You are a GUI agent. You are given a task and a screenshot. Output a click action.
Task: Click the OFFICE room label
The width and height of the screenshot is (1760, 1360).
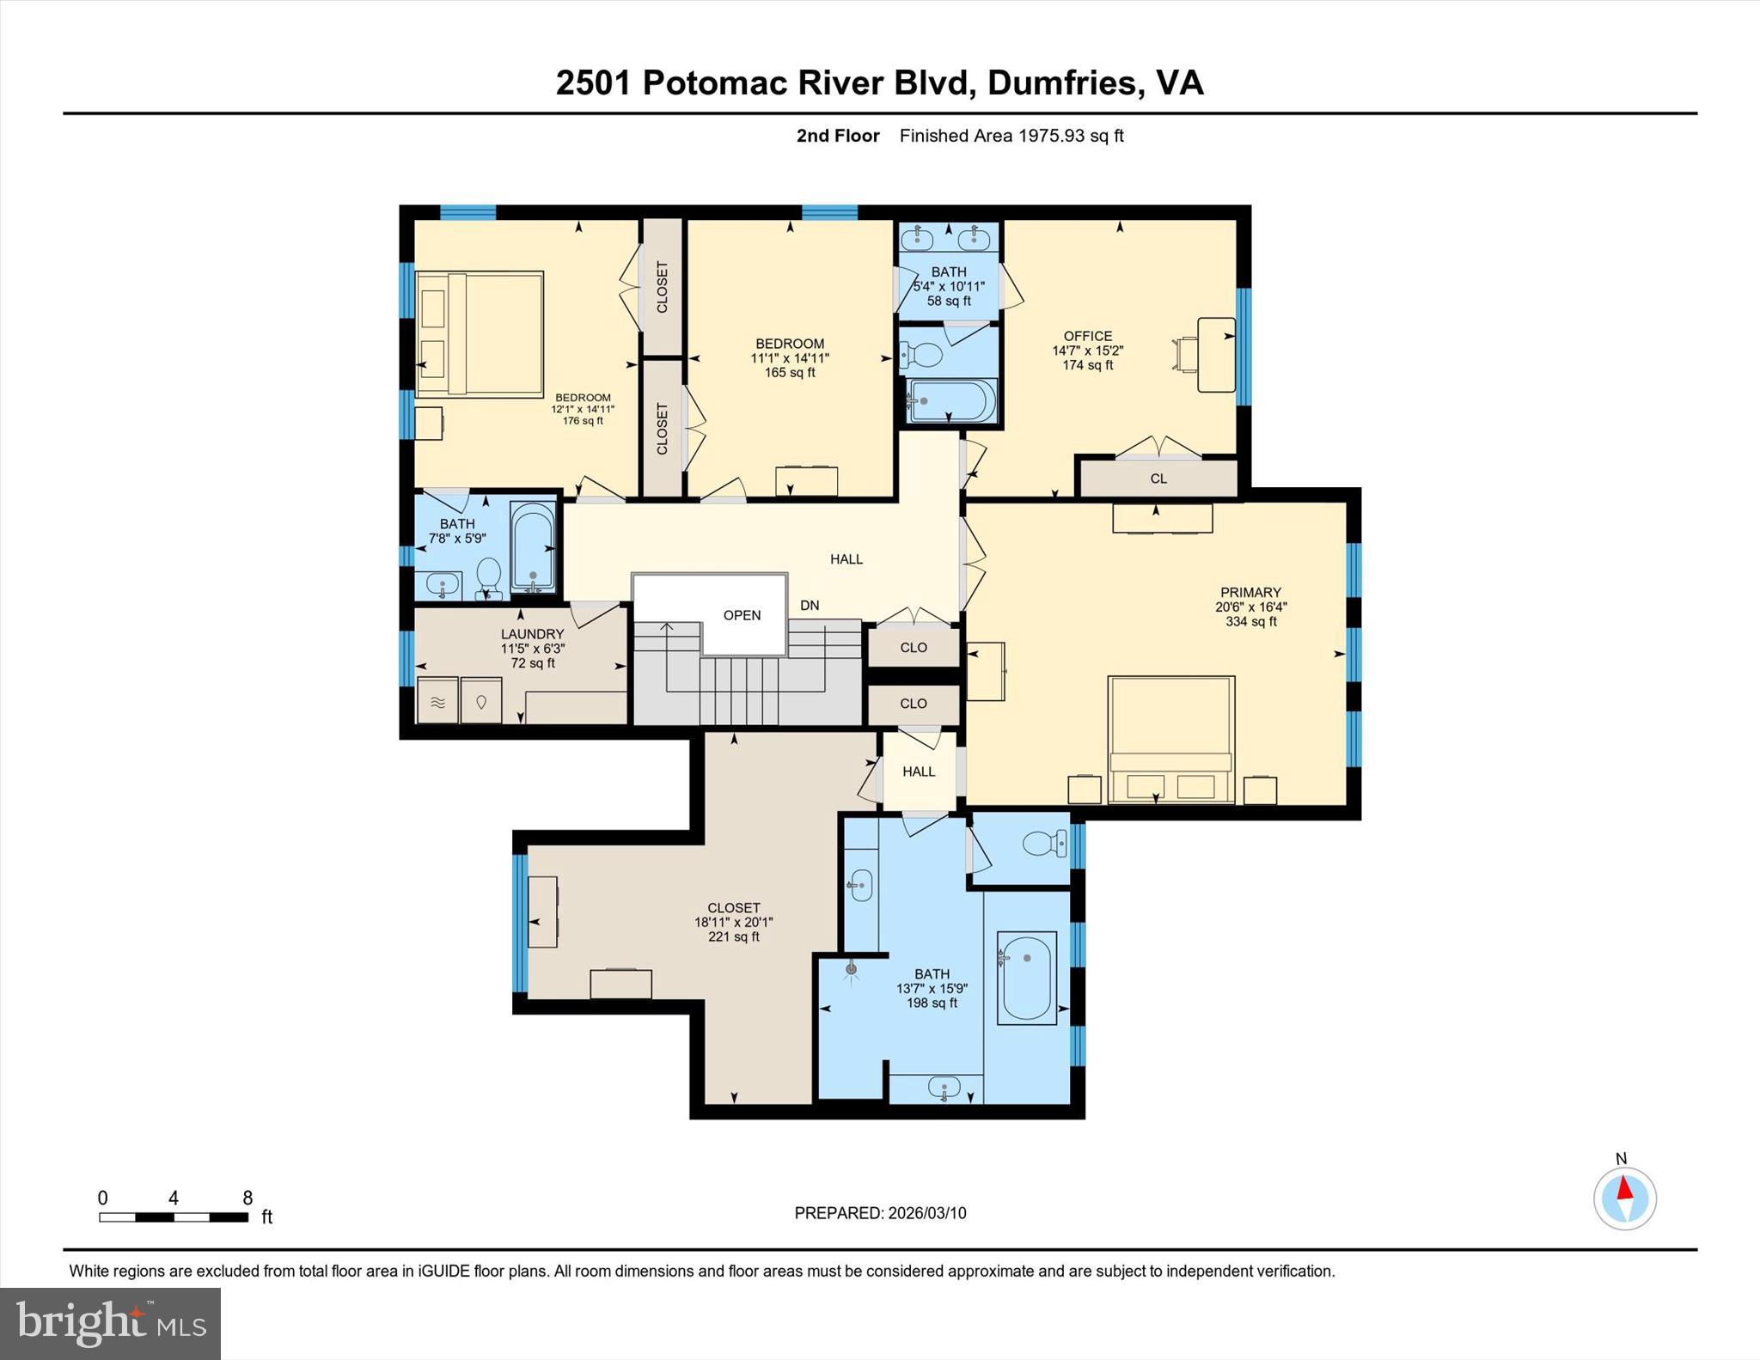[x=1087, y=336]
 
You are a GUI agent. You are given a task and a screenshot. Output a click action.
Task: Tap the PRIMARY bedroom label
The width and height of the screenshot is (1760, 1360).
[x=1250, y=592]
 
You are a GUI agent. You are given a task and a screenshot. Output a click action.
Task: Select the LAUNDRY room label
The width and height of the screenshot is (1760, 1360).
[x=532, y=634]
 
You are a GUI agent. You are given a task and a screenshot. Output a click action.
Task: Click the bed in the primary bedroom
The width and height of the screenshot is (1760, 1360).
[x=1170, y=739]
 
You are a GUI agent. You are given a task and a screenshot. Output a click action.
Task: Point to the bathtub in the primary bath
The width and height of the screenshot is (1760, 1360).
[x=1026, y=978]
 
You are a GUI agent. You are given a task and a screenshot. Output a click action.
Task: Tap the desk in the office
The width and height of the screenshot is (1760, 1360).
[x=1215, y=354]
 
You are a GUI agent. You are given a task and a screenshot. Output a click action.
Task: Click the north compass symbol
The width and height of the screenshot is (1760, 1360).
[x=1624, y=1198]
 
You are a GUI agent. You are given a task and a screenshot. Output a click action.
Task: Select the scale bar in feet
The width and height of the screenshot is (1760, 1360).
[x=174, y=1217]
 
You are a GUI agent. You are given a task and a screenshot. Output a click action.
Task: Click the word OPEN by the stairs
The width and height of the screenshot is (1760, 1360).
[x=742, y=615]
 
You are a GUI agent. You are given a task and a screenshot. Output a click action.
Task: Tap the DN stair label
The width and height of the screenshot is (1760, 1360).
[x=810, y=605]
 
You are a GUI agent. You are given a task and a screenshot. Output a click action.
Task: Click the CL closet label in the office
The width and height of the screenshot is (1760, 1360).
[x=1158, y=479]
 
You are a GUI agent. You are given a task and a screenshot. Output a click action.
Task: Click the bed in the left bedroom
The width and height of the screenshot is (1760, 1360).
[x=480, y=334]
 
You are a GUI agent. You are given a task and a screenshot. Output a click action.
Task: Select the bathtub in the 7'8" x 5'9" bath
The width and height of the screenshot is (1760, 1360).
[x=533, y=547]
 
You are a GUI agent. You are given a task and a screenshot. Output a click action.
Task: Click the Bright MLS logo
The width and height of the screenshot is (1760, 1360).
[x=110, y=1323]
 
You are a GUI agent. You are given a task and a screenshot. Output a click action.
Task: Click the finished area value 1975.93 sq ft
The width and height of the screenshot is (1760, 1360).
[x=1070, y=136]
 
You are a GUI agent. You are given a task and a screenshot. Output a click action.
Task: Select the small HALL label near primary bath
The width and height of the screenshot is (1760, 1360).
[x=919, y=771]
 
